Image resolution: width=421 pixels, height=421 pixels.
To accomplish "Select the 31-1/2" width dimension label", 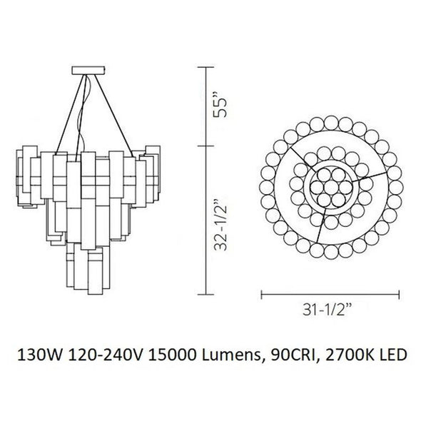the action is [328, 310].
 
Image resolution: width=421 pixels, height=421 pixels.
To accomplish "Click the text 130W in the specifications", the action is [40, 355].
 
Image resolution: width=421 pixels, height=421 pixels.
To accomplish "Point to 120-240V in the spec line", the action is [105, 355].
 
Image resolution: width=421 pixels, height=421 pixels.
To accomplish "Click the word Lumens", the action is [231, 355].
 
